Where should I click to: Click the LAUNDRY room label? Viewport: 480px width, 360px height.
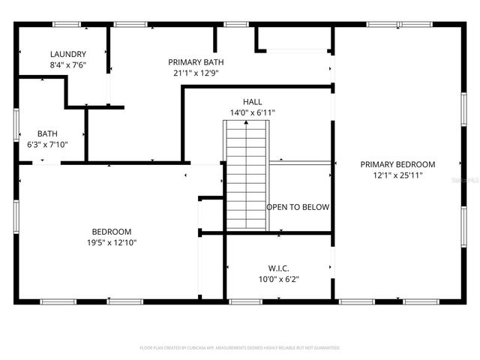[x=67, y=54]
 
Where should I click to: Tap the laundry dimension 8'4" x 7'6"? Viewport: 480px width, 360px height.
[x=67, y=65]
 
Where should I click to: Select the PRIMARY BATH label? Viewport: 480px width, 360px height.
[x=196, y=62]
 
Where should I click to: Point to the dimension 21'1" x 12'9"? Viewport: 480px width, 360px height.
[x=196, y=73]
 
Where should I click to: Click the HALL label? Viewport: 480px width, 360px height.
[x=252, y=101]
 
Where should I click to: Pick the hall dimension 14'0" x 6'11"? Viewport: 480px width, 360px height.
[x=252, y=112]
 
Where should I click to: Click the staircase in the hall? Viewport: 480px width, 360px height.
[x=246, y=176]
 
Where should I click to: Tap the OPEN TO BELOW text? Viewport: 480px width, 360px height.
[x=298, y=207]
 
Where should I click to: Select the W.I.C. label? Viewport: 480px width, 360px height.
[x=279, y=268]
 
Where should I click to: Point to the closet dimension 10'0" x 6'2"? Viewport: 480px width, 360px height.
[x=279, y=279]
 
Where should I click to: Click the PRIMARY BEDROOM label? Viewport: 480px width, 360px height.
[x=397, y=164]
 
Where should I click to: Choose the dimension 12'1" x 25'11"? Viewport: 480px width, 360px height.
[x=397, y=175]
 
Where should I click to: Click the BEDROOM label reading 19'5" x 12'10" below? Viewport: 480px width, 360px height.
[x=112, y=231]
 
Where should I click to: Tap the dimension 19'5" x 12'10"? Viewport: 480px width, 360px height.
[x=112, y=242]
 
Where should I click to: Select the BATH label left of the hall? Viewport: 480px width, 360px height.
[x=47, y=133]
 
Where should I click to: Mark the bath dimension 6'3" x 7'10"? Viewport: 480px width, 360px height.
[x=47, y=145]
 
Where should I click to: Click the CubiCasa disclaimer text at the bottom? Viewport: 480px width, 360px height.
[x=240, y=348]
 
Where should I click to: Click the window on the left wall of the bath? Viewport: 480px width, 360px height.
[x=16, y=124]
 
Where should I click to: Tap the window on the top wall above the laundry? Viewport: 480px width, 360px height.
[x=65, y=25]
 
